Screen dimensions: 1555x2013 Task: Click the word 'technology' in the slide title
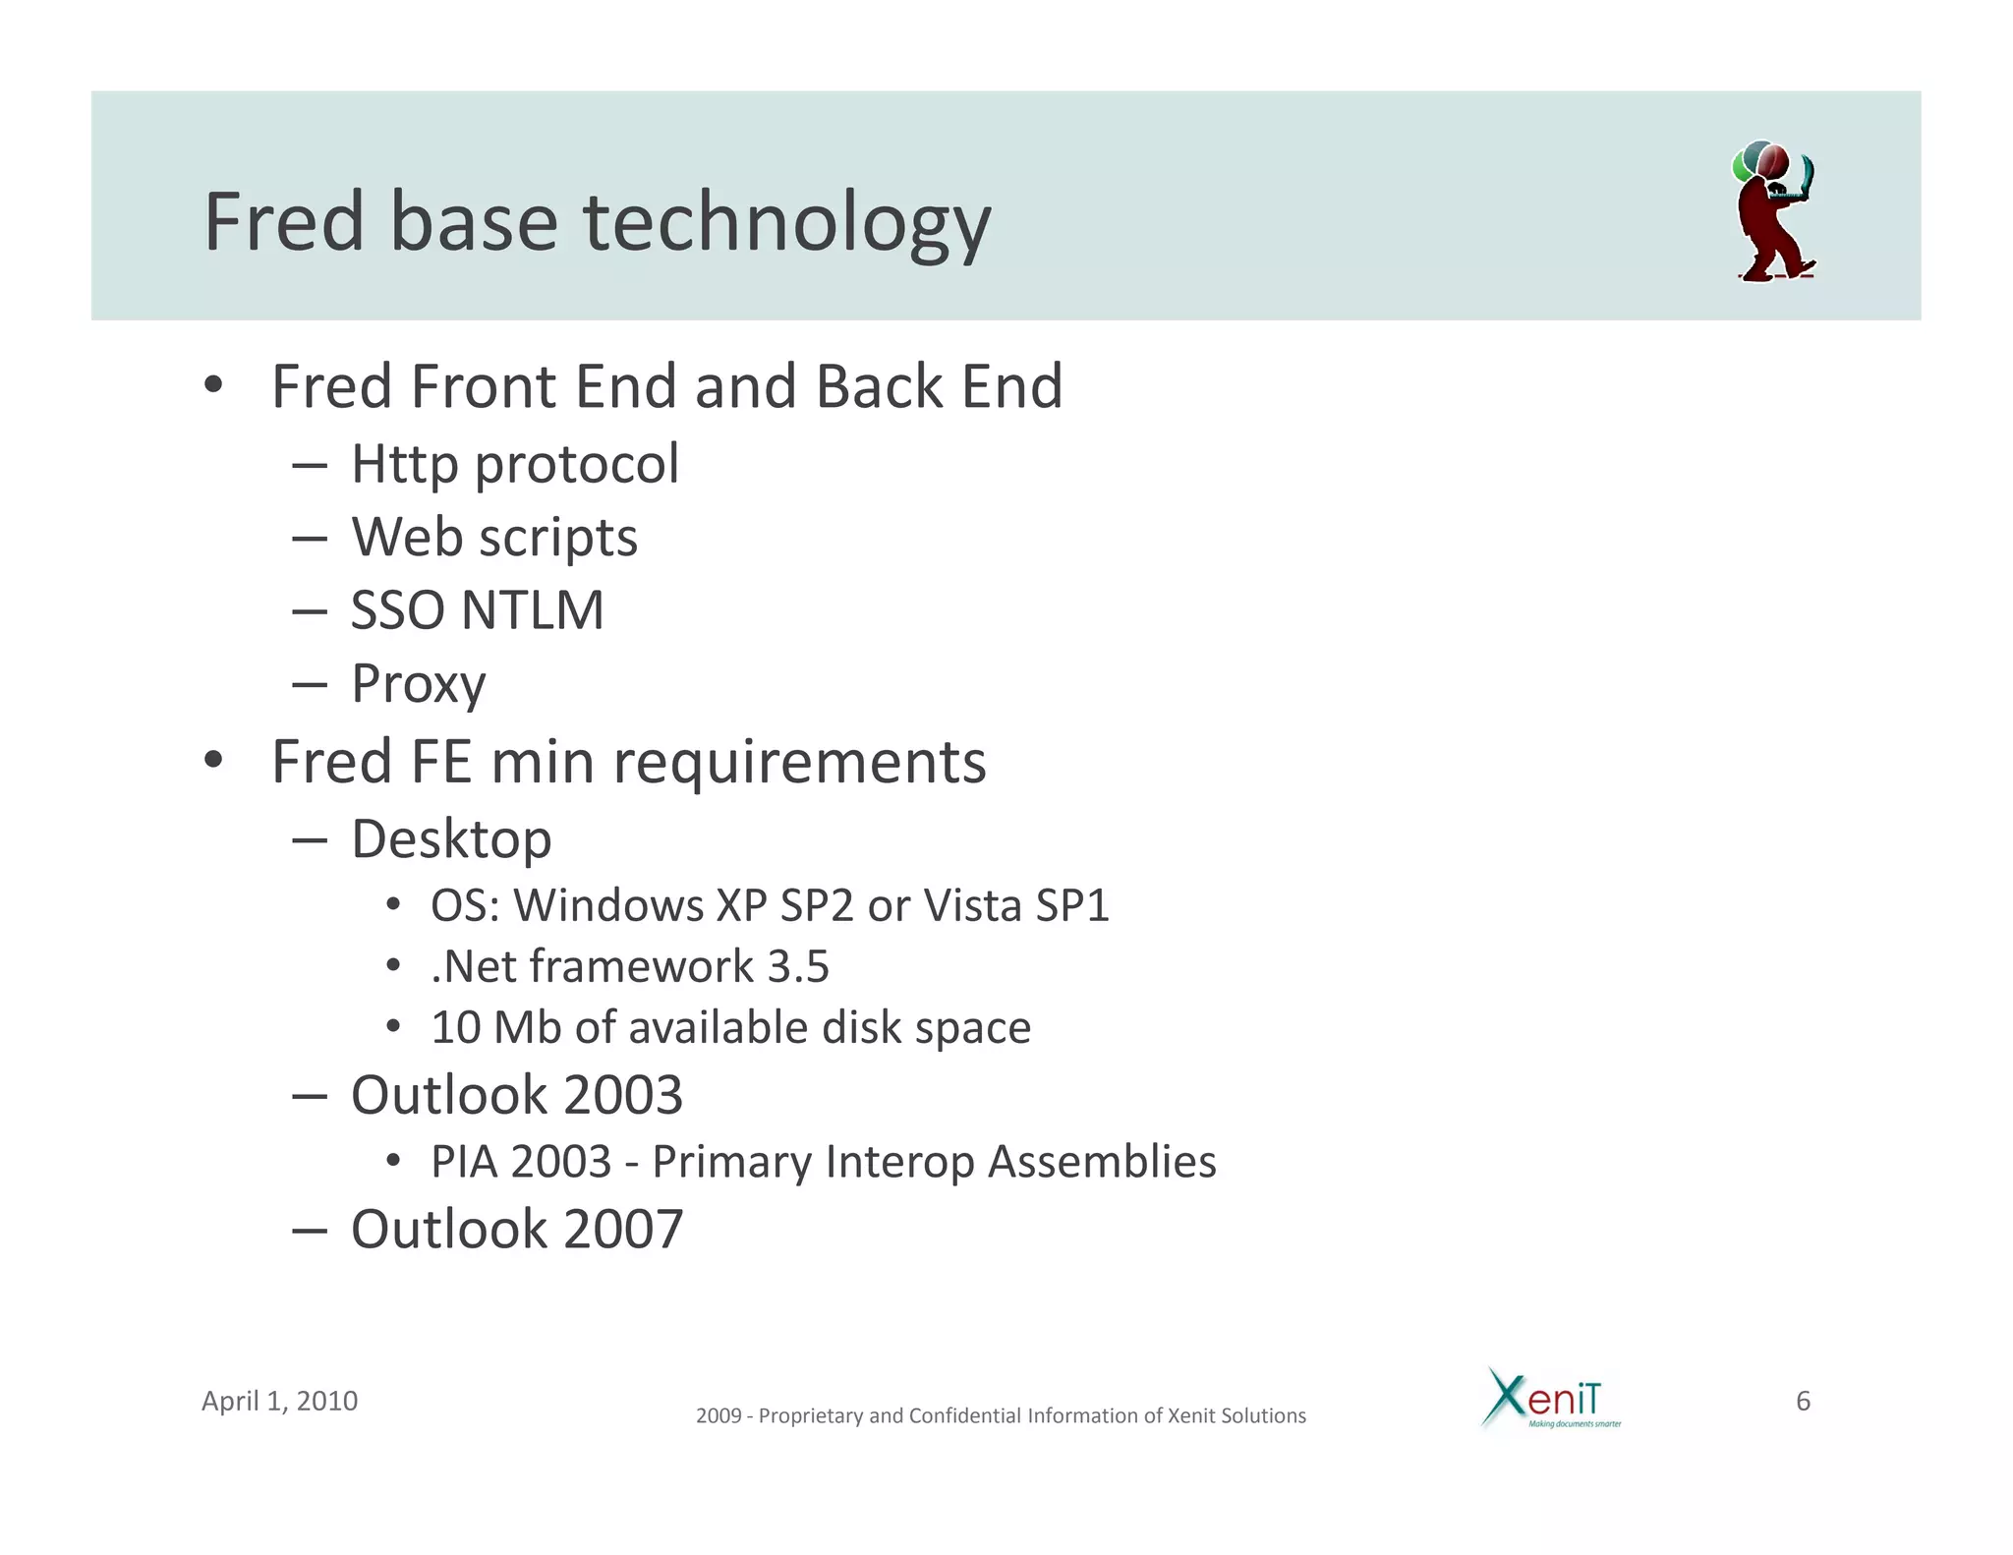786,224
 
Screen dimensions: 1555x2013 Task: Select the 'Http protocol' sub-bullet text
514,464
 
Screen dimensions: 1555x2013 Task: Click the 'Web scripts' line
494,538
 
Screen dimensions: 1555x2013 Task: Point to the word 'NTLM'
532,610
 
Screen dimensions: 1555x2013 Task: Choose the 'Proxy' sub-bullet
418,684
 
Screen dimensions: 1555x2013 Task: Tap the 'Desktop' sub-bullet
451,839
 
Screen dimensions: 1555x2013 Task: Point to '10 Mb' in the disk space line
495,1028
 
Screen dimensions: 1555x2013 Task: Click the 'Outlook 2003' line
516,1095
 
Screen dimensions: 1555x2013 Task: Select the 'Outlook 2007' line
516,1230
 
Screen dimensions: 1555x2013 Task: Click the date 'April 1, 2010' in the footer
279,1401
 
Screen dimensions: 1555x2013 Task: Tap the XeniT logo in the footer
1549,1398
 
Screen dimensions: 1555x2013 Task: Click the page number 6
1803,1401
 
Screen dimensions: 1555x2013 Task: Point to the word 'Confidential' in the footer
965,1415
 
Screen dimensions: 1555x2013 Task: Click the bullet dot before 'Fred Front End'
213,385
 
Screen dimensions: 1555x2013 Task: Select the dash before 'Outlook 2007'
310,1231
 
